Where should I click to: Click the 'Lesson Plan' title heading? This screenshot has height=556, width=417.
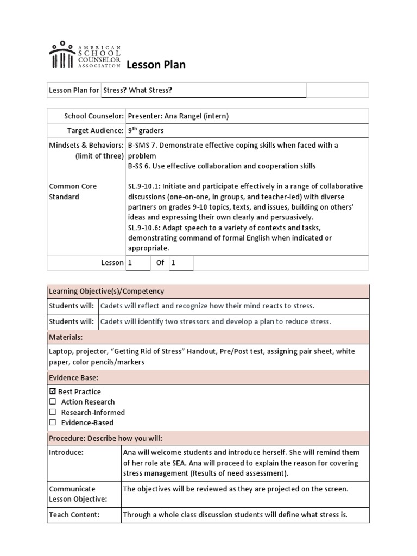pyautogui.click(x=156, y=65)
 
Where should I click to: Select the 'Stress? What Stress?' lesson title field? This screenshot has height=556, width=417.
pyautogui.click(x=150, y=90)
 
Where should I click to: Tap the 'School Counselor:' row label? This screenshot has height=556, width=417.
pyautogui.click(x=94, y=116)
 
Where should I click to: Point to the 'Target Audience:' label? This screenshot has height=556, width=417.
pyautogui.click(x=95, y=131)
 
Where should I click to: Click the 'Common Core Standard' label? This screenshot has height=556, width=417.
pyautogui.click(x=73, y=191)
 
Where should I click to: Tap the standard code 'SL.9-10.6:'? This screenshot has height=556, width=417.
pyautogui.click(x=147, y=228)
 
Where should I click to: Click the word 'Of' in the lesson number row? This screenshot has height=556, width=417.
pyautogui.click(x=160, y=263)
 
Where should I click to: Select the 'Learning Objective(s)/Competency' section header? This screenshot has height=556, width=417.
pyautogui.click(x=106, y=292)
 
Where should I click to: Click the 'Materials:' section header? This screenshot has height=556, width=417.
pyautogui.click(x=66, y=337)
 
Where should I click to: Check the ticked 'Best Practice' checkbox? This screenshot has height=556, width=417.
pyautogui.click(x=53, y=391)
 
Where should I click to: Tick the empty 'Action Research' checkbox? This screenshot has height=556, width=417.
pyautogui.click(x=53, y=402)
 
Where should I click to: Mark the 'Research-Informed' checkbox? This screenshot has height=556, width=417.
pyautogui.click(x=53, y=412)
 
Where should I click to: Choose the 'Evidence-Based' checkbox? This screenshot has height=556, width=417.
pyautogui.click(x=53, y=422)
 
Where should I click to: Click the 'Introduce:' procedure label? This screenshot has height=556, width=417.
pyautogui.click(x=66, y=452)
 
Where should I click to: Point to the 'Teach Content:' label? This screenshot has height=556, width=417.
pyautogui.click(x=74, y=515)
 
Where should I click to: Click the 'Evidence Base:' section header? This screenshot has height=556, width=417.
pyautogui.click(x=73, y=377)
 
